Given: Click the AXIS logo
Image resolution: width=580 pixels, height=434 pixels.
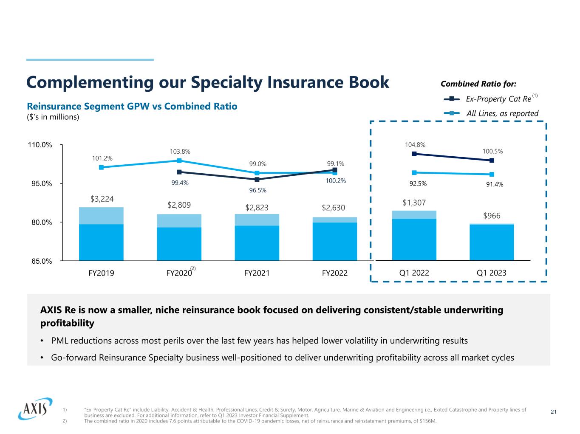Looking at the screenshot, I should pyautogui.click(x=35, y=409).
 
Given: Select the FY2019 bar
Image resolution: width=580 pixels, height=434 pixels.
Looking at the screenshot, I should pyautogui.click(x=101, y=234).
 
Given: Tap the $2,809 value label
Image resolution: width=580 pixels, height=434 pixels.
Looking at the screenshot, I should pyautogui.click(x=179, y=205).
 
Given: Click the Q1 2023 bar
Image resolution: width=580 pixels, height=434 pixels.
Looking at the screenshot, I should pyautogui.click(x=492, y=242).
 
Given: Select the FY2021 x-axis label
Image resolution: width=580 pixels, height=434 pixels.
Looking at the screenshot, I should pyautogui.click(x=257, y=273).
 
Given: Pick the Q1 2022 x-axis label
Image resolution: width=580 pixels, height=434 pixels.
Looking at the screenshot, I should pyautogui.click(x=414, y=273).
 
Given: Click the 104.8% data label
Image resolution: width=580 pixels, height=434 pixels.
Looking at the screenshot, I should pyautogui.click(x=415, y=145).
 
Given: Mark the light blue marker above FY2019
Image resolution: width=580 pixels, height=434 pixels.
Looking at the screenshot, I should pyautogui.click(x=101, y=167).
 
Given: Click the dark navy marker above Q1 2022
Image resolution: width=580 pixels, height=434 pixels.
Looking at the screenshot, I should pyautogui.click(x=414, y=154).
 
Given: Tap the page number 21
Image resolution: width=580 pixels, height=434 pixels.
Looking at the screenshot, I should pyautogui.click(x=553, y=412).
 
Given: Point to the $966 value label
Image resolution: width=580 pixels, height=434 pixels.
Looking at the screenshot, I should pyautogui.click(x=492, y=216).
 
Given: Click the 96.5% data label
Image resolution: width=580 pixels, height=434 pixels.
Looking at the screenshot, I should pyautogui.click(x=257, y=190).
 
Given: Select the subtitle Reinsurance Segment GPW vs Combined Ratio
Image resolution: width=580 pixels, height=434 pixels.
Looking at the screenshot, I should pyautogui.click(x=132, y=106).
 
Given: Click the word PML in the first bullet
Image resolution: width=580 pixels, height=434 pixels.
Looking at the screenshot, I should pyautogui.click(x=59, y=341).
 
